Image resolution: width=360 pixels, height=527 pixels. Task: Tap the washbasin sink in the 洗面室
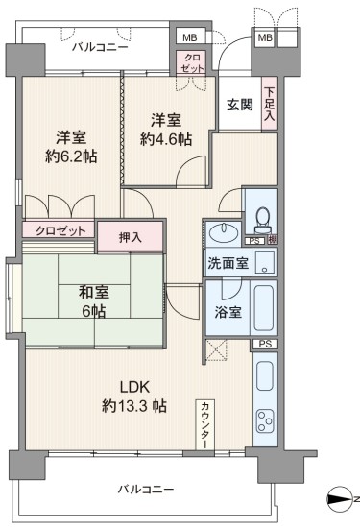tap(224, 232)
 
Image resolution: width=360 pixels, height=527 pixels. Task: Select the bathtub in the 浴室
tap(264, 307)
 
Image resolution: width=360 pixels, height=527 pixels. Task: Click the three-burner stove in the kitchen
tap(265, 421)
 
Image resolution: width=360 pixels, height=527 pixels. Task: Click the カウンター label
tap(205, 424)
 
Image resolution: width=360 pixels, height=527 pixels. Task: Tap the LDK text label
tap(134, 387)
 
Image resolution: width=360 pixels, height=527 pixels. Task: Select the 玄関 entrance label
tap(240, 106)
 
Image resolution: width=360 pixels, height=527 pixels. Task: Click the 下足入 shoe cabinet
tap(270, 104)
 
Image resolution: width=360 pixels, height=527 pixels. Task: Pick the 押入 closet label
tap(131, 237)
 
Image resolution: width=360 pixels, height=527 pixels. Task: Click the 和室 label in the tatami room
tap(94, 292)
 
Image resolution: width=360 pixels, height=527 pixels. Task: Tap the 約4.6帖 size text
tap(166, 139)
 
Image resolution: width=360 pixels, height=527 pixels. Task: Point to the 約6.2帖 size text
tap(71, 156)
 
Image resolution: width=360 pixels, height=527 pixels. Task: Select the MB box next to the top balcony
tap(190, 37)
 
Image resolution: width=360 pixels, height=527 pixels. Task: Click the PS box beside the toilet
tap(254, 241)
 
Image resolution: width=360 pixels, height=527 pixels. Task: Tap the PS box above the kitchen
tap(266, 345)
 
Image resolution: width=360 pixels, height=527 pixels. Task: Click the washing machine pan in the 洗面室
tap(265, 262)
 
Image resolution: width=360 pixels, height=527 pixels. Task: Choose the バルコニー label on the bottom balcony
tap(146, 489)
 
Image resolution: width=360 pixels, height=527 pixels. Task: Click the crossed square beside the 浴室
tap(216, 349)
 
